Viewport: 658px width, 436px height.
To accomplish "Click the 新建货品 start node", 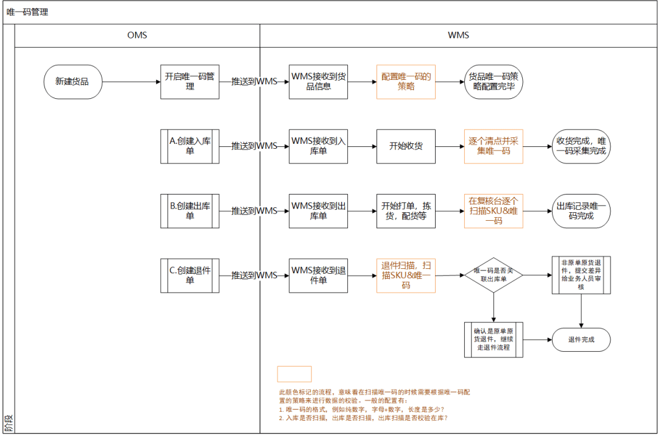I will pos(73,81).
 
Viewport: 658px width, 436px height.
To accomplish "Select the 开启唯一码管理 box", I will pos(189,81).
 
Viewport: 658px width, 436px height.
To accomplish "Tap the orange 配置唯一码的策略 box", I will pos(406,81).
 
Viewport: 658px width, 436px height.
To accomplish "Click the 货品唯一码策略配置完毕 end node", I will pos(493,81).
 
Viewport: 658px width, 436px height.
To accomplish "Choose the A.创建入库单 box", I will pos(189,146).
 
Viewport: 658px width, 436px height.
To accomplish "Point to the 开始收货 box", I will pos(406,146).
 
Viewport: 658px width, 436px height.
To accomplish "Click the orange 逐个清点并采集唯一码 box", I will pos(493,146).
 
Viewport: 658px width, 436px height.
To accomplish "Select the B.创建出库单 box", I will pos(189,210).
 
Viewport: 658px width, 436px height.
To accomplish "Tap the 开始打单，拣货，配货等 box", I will pos(406,210).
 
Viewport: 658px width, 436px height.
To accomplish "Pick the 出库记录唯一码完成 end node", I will pos(581,210).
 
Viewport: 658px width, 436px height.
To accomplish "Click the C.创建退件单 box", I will pos(189,275).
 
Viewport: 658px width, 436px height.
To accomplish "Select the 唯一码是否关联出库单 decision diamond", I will pos(493,275).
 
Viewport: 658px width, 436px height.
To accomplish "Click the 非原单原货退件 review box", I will pos(581,275).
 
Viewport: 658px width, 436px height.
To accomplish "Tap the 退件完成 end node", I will pos(581,340).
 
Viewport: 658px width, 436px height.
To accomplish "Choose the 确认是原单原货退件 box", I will pos(493,340).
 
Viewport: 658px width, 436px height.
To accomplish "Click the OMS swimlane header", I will pos(137,35).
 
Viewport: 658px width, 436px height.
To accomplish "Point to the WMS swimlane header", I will pos(458,35).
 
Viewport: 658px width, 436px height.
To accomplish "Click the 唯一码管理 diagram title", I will pos(27,12).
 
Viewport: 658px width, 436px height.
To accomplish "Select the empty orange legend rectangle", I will pos(294,374).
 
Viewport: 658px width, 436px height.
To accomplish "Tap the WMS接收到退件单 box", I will pos(319,275).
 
